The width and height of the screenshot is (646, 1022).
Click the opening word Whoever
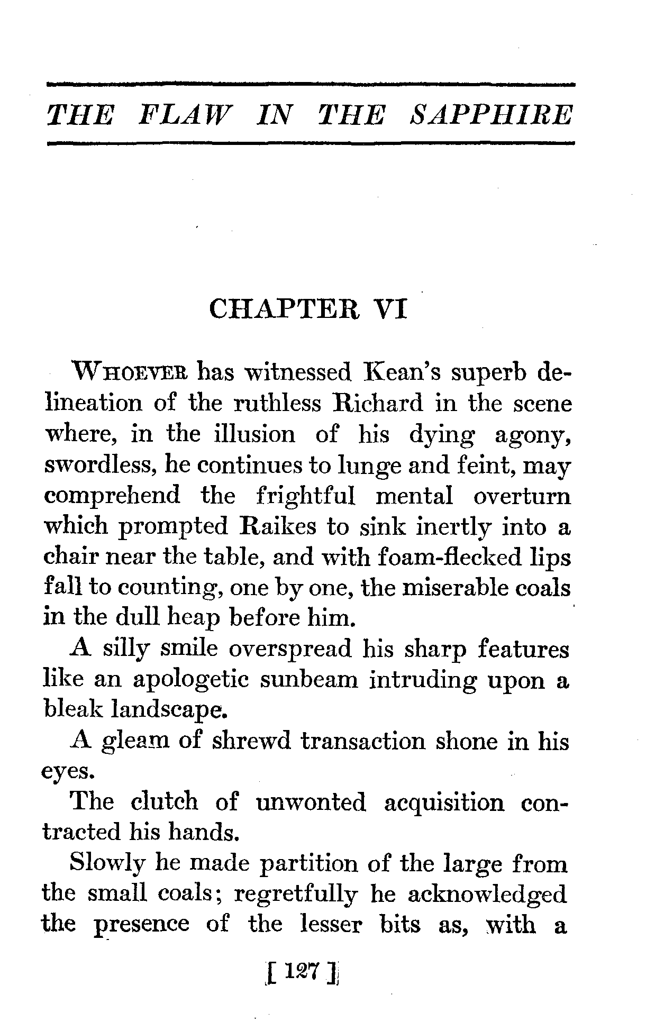pos(130,373)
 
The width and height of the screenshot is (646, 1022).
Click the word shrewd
pos(251,742)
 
